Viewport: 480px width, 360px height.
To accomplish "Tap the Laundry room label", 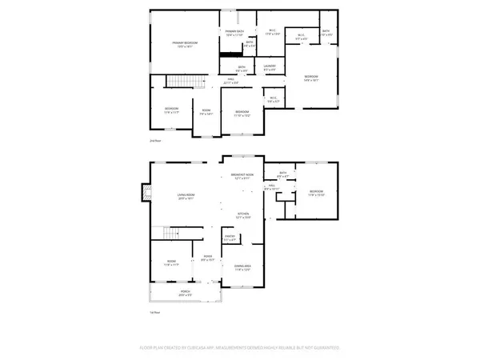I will pyautogui.click(x=270, y=68).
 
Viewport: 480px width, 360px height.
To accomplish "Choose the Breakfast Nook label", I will pyautogui.click(x=242, y=176).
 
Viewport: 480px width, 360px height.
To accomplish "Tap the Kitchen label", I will pyautogui.click(x=242, y=215).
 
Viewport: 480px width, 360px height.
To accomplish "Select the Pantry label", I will pyautogui.click(x=230, y=238).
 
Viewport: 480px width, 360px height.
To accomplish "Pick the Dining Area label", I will pyautogui.click(x=242, y=269).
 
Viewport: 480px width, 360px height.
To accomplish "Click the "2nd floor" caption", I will pyautogui.click(x=155, y=141).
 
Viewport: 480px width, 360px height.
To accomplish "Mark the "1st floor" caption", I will pyautogui.click(x=155, y=312).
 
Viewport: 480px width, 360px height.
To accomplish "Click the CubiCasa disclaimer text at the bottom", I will pyautogui.click(x=240, y=349).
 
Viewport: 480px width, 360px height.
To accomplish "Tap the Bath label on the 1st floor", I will pyautogui.click(x=283, y=174).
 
